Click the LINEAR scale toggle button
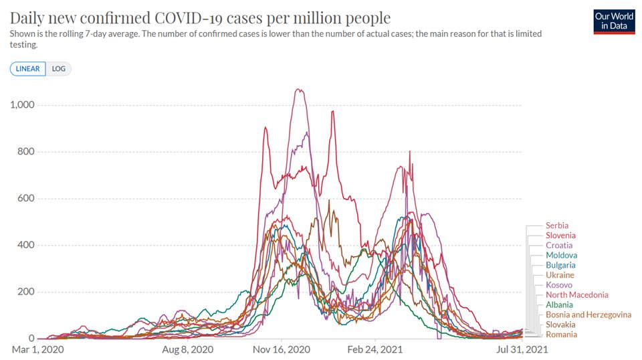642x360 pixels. pos(28,69)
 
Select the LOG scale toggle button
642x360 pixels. pos(59,69)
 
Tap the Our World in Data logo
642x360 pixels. pos(613,21)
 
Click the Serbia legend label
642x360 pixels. pos(556,226)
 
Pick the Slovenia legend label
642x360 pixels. pos(560,236)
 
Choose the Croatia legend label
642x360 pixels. pos(558,246)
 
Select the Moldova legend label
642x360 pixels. pos(561,256)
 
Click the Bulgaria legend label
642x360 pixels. pos(560,265)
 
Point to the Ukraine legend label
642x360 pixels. pos(560,275)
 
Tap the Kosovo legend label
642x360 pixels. pos(559,285)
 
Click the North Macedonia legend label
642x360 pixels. pos(576,295)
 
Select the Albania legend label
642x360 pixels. pos(559,304)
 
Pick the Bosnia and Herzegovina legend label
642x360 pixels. pos(588,314)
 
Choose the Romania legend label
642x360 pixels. pos(561,335)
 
